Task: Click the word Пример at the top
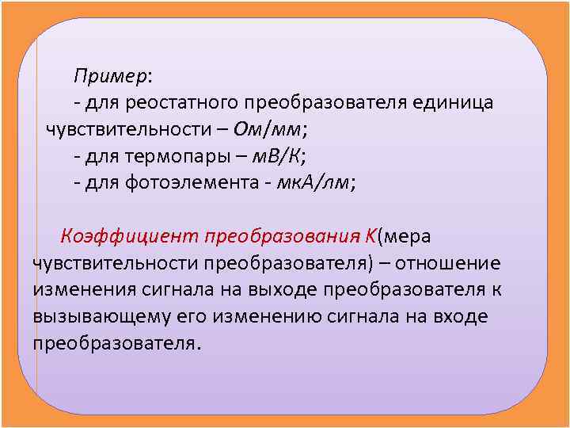point(109,76)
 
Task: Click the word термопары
point(173,156)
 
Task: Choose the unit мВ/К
point(273,156)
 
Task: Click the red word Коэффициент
point(131,236)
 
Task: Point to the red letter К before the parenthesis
point(370,236)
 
